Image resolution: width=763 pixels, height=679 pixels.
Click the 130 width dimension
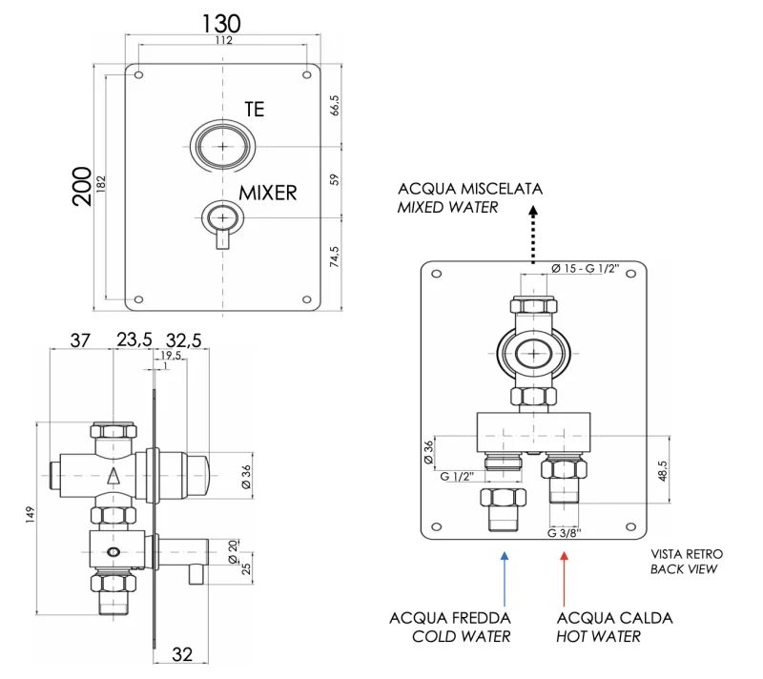221,22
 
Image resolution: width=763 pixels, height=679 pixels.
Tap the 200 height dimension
82,186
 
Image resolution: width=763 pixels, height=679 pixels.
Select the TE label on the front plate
255,110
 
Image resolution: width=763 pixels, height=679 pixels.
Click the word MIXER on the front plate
267,193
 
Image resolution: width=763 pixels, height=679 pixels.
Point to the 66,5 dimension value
334,106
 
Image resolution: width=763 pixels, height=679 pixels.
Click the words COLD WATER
461,636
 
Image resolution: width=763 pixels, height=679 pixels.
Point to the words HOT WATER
599,636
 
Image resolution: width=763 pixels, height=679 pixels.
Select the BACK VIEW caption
683,569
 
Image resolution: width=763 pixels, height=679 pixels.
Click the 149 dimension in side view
29,514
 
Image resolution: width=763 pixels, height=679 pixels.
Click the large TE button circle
222,147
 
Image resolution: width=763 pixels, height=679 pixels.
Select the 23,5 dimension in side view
134,339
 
